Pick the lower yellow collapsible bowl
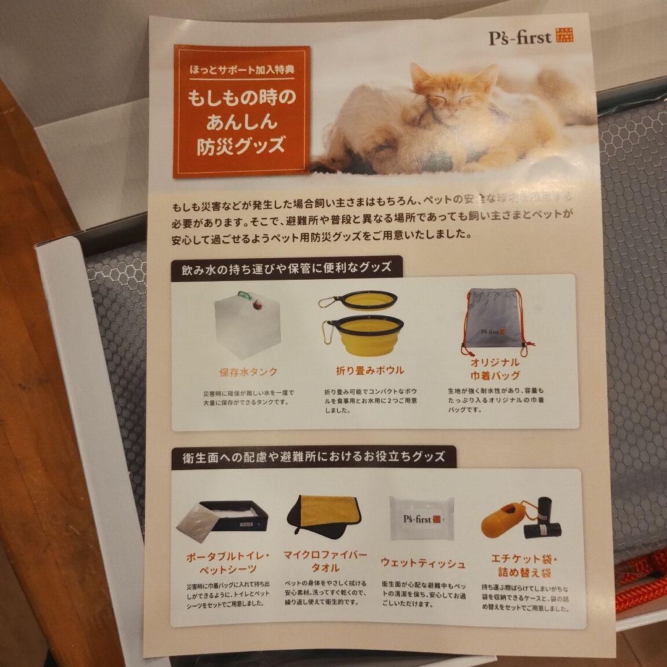366,333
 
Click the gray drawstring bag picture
495,321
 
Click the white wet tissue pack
421,518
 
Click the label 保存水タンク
248,372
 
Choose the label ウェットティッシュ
423,564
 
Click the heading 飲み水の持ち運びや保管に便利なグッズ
287,267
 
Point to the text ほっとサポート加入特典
241,68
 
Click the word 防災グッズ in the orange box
241,146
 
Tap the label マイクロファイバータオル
325,561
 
